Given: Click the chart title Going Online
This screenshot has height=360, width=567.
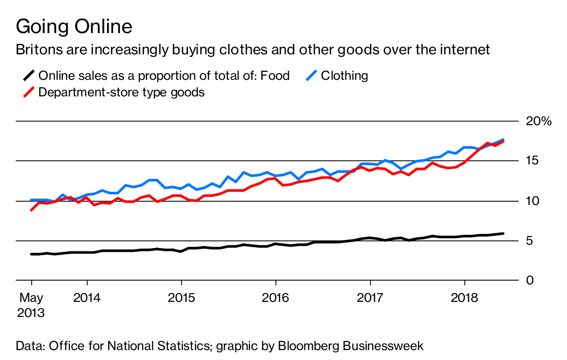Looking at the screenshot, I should pos(74,26).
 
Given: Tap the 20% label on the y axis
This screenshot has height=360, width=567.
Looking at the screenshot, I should pos(539,121).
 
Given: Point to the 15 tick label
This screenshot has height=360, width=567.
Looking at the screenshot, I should pos(533,161).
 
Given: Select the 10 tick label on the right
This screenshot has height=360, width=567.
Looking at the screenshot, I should pos(533,201).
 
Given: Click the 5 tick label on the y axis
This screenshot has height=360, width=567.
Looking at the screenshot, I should pos(530,241).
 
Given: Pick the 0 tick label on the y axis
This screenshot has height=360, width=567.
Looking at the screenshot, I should pos(530,281).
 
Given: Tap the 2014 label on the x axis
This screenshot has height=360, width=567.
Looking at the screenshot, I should pos(87,299).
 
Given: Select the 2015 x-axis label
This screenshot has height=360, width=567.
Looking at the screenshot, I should pos(181,299).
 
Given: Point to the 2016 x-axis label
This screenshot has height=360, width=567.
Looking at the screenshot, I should pos(275,299).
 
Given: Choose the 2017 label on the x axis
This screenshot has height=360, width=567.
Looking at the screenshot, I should pos(370,299).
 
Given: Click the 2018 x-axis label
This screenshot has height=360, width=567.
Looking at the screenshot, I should pos(464,299).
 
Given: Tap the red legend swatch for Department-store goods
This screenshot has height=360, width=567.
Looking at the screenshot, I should pos(29,92).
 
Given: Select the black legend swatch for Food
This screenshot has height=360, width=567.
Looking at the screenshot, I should pos(29,76).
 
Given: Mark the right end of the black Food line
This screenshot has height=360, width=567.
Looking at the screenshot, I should pos(503,233).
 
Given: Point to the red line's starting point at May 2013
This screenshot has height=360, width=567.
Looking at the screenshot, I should pos(31,210).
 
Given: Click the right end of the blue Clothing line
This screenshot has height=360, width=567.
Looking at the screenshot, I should pos(503,139).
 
